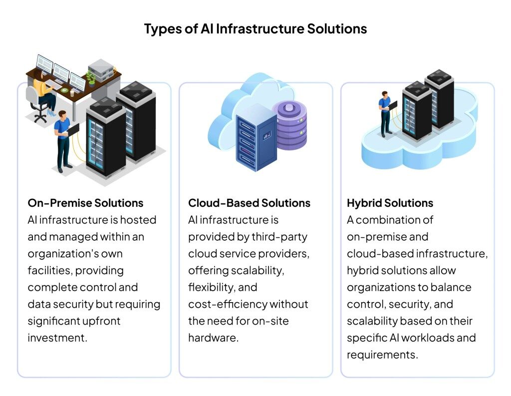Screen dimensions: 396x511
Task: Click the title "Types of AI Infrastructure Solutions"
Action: [255, 28]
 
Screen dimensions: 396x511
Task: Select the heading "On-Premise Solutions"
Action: [85, 203]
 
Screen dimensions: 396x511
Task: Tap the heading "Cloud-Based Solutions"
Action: [249, 203]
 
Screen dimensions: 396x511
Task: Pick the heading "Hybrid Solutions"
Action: [390, 203]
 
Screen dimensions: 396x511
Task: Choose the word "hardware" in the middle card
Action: [212, 337]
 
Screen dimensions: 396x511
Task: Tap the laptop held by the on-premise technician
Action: [73, 129]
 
